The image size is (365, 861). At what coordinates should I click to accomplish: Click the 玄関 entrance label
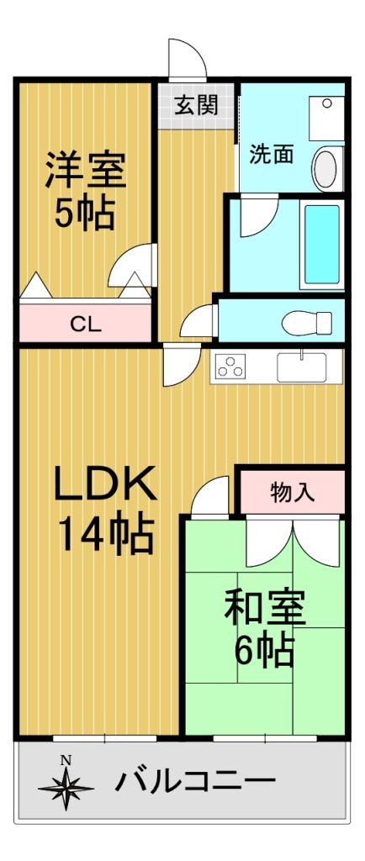pyautogui.click(x=197, y=105)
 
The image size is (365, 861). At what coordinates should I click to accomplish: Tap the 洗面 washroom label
pyautogui.click(x=272, y=155)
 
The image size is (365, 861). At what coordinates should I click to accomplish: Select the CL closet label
pyautogui.click(x=85, y=325)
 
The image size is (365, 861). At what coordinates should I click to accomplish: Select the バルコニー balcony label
pyautogui.click(x=195, y=780)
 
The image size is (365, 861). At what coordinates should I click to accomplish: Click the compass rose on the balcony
pyautogui.click(x=66, y=787)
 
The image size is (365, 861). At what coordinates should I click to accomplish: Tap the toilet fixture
pyautogui.click(x=307, y=323)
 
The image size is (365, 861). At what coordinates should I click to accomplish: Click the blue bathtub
pyautogui.click(x=322, y=245)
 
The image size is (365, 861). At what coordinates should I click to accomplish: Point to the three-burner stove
pyautogui.click(x=230, y=365)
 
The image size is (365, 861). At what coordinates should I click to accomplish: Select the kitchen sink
pyautogui.click(x=301, y=367)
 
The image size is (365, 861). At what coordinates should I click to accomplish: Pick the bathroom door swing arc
pyautogui.click(x=259, y=218)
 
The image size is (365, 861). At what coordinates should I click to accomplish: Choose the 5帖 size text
pyautogui.click(x=85, y=212)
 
